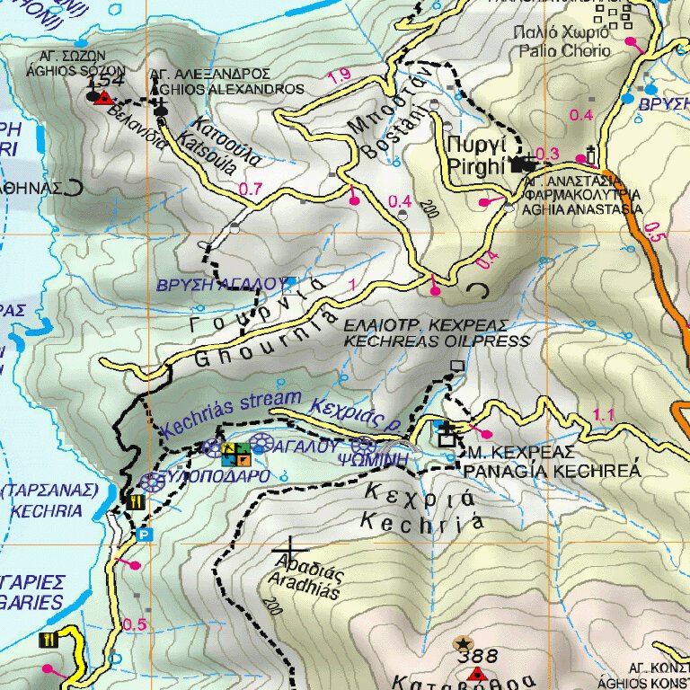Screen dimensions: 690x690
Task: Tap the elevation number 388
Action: pyautogui.click(x=477, y=657)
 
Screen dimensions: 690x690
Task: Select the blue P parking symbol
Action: pyautogui.click(x=142, y=535)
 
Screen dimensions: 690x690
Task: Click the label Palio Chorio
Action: pyautogui.click(x=563, y=51)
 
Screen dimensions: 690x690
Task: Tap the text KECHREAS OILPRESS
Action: pyautogui.click(x=437, y=341)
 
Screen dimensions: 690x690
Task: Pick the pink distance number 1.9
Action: pyautogui.click(x=340, y=76)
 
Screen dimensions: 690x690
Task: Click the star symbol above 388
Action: pyautogui.click(x=464, y=642)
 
